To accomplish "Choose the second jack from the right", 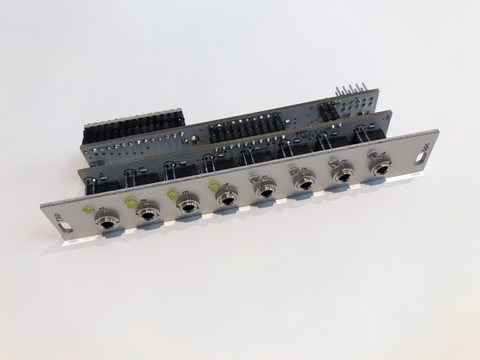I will click(344, 174).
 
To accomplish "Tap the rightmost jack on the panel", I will click(381, 166).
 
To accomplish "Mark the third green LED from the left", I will click(172, 194).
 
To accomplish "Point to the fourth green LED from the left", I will click(213, 186).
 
